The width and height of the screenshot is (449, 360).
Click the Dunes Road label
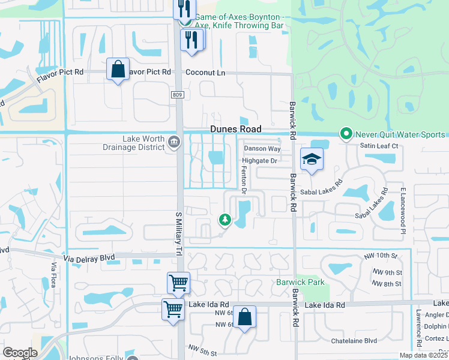click(235, 129)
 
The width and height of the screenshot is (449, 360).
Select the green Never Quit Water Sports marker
click(346, 134)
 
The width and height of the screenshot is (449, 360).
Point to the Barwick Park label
click(300, 282)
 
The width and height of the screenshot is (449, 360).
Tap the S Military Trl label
click(178, 234)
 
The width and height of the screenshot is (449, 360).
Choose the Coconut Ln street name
click(205, 73)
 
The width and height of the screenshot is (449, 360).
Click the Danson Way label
click(262, 149)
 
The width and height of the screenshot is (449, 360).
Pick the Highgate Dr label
click(259, 161)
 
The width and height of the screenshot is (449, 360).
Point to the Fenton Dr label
click(244, 181)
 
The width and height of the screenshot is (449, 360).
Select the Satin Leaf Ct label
click(379, 146)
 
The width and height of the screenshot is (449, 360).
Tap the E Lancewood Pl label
click(403, 208)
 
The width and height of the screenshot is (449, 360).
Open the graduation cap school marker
click(312, 160)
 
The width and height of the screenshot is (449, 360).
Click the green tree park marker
click(225, 220)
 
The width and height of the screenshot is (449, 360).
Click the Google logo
click(20, 353)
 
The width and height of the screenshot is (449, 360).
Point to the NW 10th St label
click(381, 256)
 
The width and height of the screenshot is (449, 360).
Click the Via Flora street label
click(53, 275)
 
